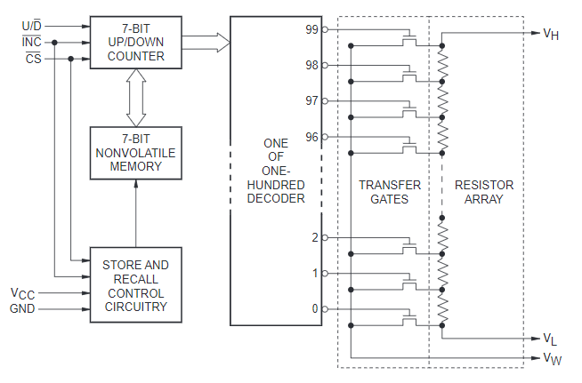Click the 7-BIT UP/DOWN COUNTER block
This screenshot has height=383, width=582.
click(x=136, y=43)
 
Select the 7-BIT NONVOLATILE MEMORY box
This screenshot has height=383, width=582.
click(x=136, y=153)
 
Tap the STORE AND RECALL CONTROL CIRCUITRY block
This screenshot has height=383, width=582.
click(x=136, y=284)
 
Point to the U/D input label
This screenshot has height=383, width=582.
click(x=31, y=26)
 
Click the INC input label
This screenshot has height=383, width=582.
click(x=31, y=42)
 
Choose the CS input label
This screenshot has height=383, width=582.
click(x=34, y=59)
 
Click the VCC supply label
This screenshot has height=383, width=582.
click(x=22, y=293)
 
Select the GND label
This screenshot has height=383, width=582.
click(x=22, y=308)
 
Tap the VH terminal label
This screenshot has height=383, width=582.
click(x=551, y=34)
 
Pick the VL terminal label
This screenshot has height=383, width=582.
click(x=550, y=339)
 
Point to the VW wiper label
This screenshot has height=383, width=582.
click(x=553, y=358)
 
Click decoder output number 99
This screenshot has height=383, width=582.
click(x=311, y=29)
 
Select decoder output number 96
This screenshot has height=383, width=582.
click(x=311, y=137)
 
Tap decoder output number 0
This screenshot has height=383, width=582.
click(x=315, y=308)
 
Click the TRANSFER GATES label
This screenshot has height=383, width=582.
click(x=390, y=192)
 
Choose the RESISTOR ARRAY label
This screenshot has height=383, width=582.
click(x=484, y=192)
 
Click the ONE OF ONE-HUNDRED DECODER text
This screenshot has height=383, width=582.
click(x=276, y=171)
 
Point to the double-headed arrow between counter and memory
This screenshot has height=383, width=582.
click(x=136, y=98)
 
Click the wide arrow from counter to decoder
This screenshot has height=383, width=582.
click(x=206, y=43)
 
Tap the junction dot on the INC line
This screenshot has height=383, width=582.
click(x=54, y=43)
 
